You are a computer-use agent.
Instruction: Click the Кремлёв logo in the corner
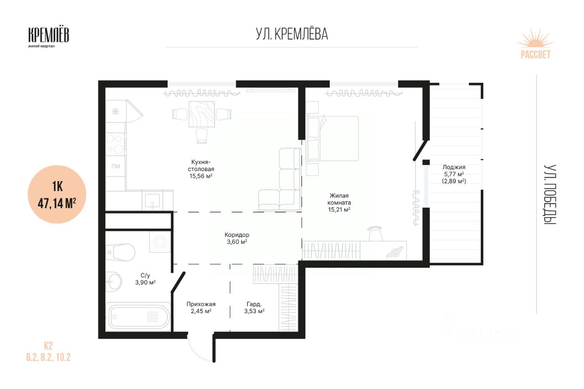48,37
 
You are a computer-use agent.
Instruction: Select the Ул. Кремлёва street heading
292,34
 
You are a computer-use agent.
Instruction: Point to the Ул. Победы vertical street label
550,194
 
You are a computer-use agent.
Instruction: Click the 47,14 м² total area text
57,203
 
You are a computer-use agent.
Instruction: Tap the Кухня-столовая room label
201,169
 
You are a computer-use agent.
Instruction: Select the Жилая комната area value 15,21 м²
339,209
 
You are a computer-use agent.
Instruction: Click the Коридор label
237,235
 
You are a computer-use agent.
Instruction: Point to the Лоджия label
454,167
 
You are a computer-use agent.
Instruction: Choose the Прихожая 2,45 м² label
201,307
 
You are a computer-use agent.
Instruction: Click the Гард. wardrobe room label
254,304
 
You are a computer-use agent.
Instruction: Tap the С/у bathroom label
145,275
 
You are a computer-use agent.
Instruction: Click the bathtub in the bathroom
138,316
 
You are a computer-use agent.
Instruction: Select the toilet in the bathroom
120,252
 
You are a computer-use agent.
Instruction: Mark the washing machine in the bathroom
160,242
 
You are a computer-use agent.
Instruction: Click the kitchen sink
152,201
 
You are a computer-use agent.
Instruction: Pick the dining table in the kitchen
202,114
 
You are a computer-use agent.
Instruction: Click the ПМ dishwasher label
115,166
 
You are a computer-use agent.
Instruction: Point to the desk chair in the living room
375,233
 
